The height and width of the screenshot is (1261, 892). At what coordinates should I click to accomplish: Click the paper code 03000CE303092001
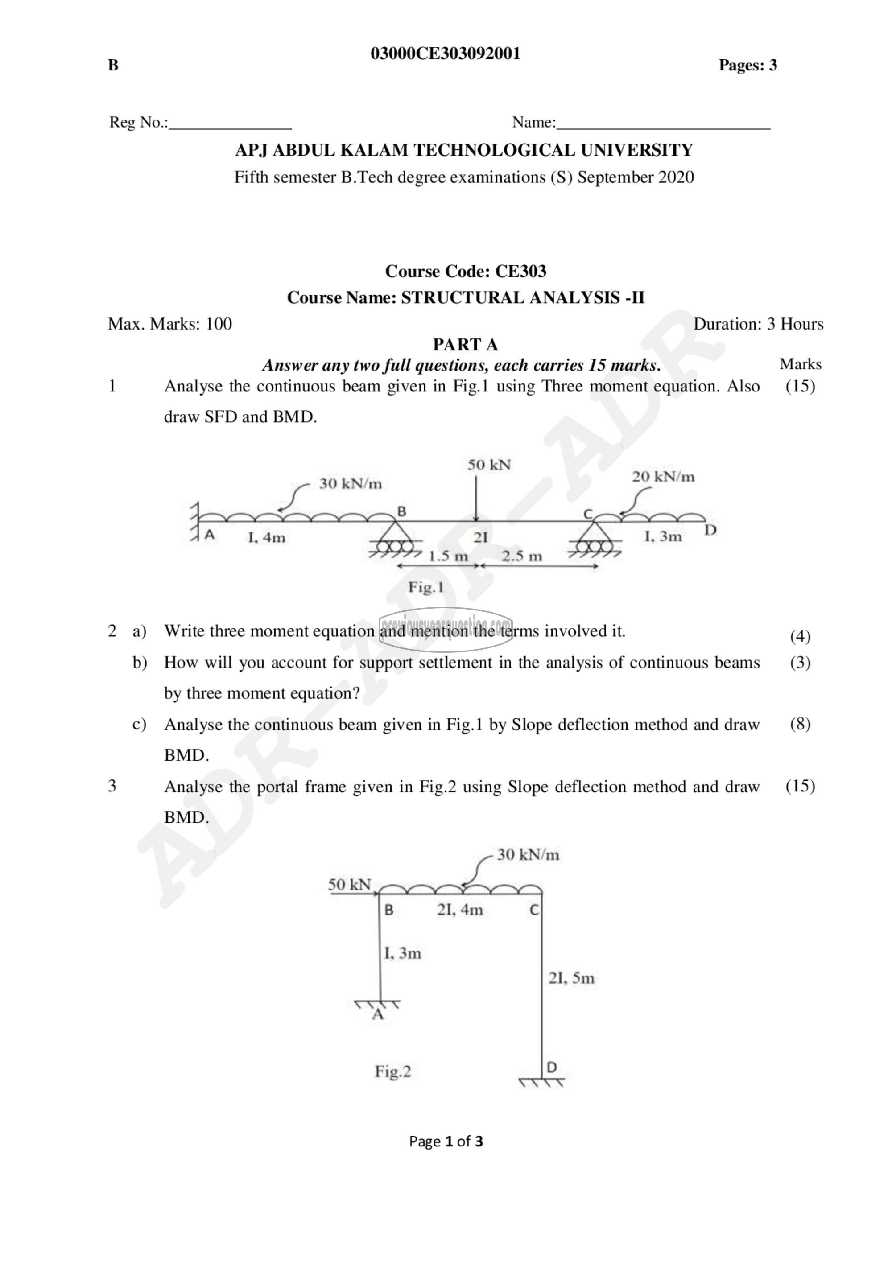pyautogui.click(x=446, y=54)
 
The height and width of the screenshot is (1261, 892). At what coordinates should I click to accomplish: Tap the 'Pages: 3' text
pyautogui.click(x=747, y=66)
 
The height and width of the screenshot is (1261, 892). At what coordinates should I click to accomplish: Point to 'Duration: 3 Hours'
pyautogui.click(x=758, y=324)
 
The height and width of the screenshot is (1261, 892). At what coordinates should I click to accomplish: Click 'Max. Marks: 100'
pyautogui.click(x=170, y=324)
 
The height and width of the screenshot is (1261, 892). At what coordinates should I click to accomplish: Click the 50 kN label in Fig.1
pyautogui.click(x=489, y=465)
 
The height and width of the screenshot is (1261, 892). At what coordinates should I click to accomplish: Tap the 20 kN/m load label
pyautogui.click(x=663, y=477)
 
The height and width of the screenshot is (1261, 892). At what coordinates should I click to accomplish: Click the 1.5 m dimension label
pyautogui.click(x=448, y=556)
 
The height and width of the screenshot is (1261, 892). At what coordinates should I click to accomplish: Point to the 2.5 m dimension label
pyautogui.click(x=521, y=556)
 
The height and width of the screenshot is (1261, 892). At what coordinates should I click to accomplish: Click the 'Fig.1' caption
pyautogui.click(x=425, y=588)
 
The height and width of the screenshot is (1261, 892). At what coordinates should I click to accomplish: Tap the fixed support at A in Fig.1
pyautogui.click(x=194, y=522)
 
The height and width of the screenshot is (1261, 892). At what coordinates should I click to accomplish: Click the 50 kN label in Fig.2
pyautogui.click(x=350, y=885)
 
